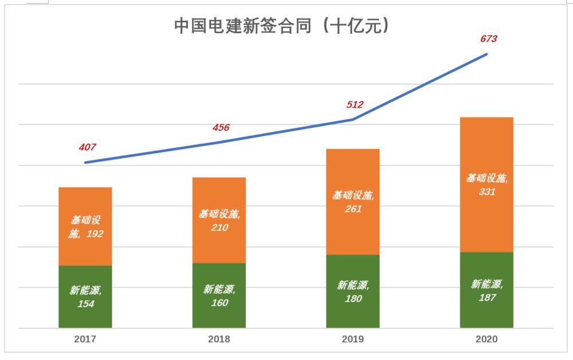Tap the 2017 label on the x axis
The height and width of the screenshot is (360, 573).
click(x=85, y=339)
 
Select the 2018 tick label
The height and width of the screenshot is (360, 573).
click(x=219, y=339)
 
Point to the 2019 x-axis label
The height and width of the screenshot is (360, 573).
click(x=352, y=339)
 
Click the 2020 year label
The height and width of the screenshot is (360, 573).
click(x=486, y=339)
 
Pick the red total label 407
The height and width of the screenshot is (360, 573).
click(x=87, y=147)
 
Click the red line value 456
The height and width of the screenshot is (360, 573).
click(x=221, y=127)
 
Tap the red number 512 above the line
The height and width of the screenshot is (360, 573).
click(x=355, y=105)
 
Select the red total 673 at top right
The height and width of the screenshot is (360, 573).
click(x=488, y=40)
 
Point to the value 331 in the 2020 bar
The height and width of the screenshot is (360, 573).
click(x=486, y=192)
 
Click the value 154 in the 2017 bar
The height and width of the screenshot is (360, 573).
click(x=85, y=304)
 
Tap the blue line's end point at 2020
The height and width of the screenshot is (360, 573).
click(x=486, y=54)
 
